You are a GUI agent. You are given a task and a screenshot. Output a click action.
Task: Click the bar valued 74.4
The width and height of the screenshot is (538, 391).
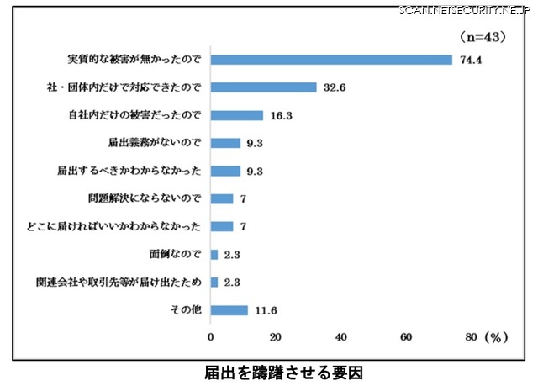[332, 60]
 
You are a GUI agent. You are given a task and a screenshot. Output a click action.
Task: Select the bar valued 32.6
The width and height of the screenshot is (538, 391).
[264, 87]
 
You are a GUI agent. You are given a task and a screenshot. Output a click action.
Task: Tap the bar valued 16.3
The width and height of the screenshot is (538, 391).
[237, 115]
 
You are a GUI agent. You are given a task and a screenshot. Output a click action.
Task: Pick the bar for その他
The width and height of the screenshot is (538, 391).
[229, 310]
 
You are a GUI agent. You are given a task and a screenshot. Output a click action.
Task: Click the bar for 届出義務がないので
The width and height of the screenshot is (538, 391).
[226, 143]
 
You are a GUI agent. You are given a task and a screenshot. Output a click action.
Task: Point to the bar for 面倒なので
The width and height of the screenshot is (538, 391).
[214, 254]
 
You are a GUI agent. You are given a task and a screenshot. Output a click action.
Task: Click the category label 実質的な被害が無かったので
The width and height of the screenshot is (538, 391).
[135, 60]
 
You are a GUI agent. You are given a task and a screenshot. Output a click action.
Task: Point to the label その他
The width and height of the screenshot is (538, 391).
[187, 310]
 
